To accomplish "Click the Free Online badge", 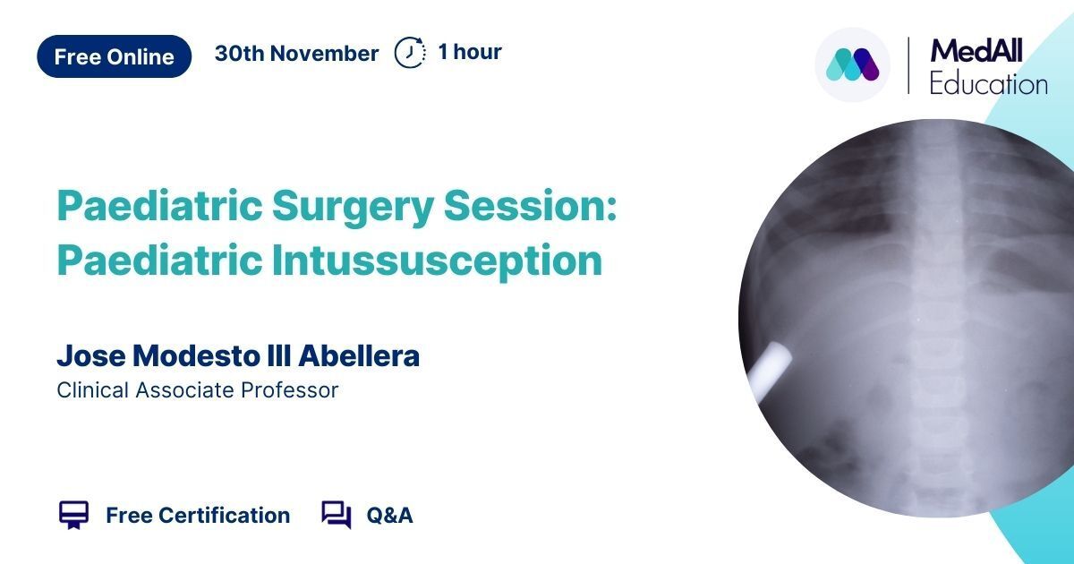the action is point(115,56).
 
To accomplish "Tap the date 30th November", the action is point(297,53).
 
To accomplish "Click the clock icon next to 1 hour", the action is point(410,52).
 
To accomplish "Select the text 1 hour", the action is point(470,52).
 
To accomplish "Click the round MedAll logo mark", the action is point(852,64).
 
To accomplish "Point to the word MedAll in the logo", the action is point(976,51).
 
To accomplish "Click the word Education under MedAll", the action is point(988,84).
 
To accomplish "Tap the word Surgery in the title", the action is point(354,206).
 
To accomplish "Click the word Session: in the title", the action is point(530,205).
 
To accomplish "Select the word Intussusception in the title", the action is point(438,261).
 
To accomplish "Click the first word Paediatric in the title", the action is point(159,205).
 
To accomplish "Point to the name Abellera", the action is point(359,355).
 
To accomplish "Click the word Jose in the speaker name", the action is point(91,355).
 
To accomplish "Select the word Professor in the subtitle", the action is point(290,390).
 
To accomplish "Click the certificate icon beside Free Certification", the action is point(73,515).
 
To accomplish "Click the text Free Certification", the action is point(198,516).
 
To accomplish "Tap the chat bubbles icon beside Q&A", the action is point(337,515).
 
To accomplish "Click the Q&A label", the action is point(390,516).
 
